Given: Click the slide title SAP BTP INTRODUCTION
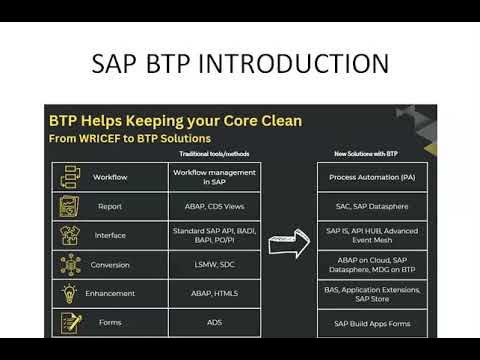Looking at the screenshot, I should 240,63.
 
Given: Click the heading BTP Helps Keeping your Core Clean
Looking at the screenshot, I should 175,120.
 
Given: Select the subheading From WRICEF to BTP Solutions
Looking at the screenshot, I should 130,137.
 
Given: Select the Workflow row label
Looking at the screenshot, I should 110,177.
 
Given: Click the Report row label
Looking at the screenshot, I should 110,206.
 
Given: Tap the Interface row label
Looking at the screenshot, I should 110,236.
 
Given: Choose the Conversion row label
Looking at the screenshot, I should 110,265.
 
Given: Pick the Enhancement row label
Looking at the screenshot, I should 110,294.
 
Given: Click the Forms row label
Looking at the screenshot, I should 110,323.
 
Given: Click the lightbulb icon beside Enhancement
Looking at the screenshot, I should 70,294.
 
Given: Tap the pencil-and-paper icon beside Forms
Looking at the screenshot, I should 70,323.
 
